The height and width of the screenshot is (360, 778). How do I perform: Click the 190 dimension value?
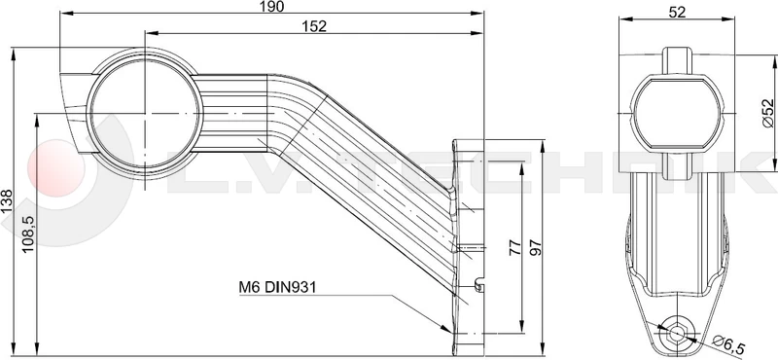pos(271,7)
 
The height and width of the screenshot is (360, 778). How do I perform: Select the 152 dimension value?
pos(314,26)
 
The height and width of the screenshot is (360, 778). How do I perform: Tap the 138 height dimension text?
pos(7,201)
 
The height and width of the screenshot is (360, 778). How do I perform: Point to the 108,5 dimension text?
pos(28,234)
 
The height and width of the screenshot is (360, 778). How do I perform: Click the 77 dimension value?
pos(515,247)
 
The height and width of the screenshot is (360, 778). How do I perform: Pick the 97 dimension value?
pos(535,247)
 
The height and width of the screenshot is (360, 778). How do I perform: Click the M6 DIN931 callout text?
pos(277,286)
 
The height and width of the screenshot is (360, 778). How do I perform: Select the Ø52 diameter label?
pos(767,113)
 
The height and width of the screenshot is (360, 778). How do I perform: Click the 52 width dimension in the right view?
pos(677,13)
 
